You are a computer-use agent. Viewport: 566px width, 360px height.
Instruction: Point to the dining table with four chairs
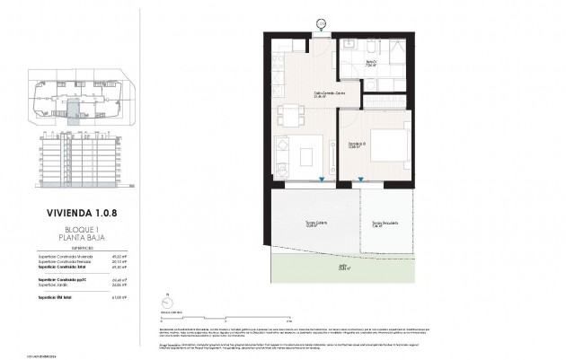tap(291, 115)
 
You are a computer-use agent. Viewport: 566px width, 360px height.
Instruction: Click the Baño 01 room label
tap(367, 64)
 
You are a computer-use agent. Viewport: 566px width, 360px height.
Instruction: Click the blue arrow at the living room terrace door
tap(322, 180)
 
